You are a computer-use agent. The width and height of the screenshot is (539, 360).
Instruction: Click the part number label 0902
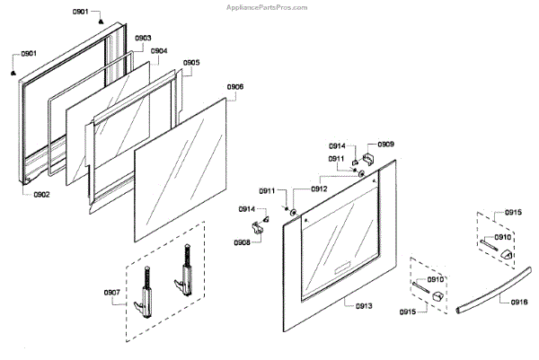(x=41, y=194)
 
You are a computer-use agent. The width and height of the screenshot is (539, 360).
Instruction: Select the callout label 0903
(x=143, y=39)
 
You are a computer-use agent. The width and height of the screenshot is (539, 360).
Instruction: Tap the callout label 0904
(x=159, y=51)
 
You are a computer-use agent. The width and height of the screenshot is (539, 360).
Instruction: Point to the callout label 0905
(x=191, y=63)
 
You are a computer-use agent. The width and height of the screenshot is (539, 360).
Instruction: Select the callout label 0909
(x=385, y=144)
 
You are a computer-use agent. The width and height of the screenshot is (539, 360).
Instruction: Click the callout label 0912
(x=319, y=189)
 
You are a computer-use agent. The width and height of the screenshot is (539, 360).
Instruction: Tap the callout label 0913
(x=363, y=306)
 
